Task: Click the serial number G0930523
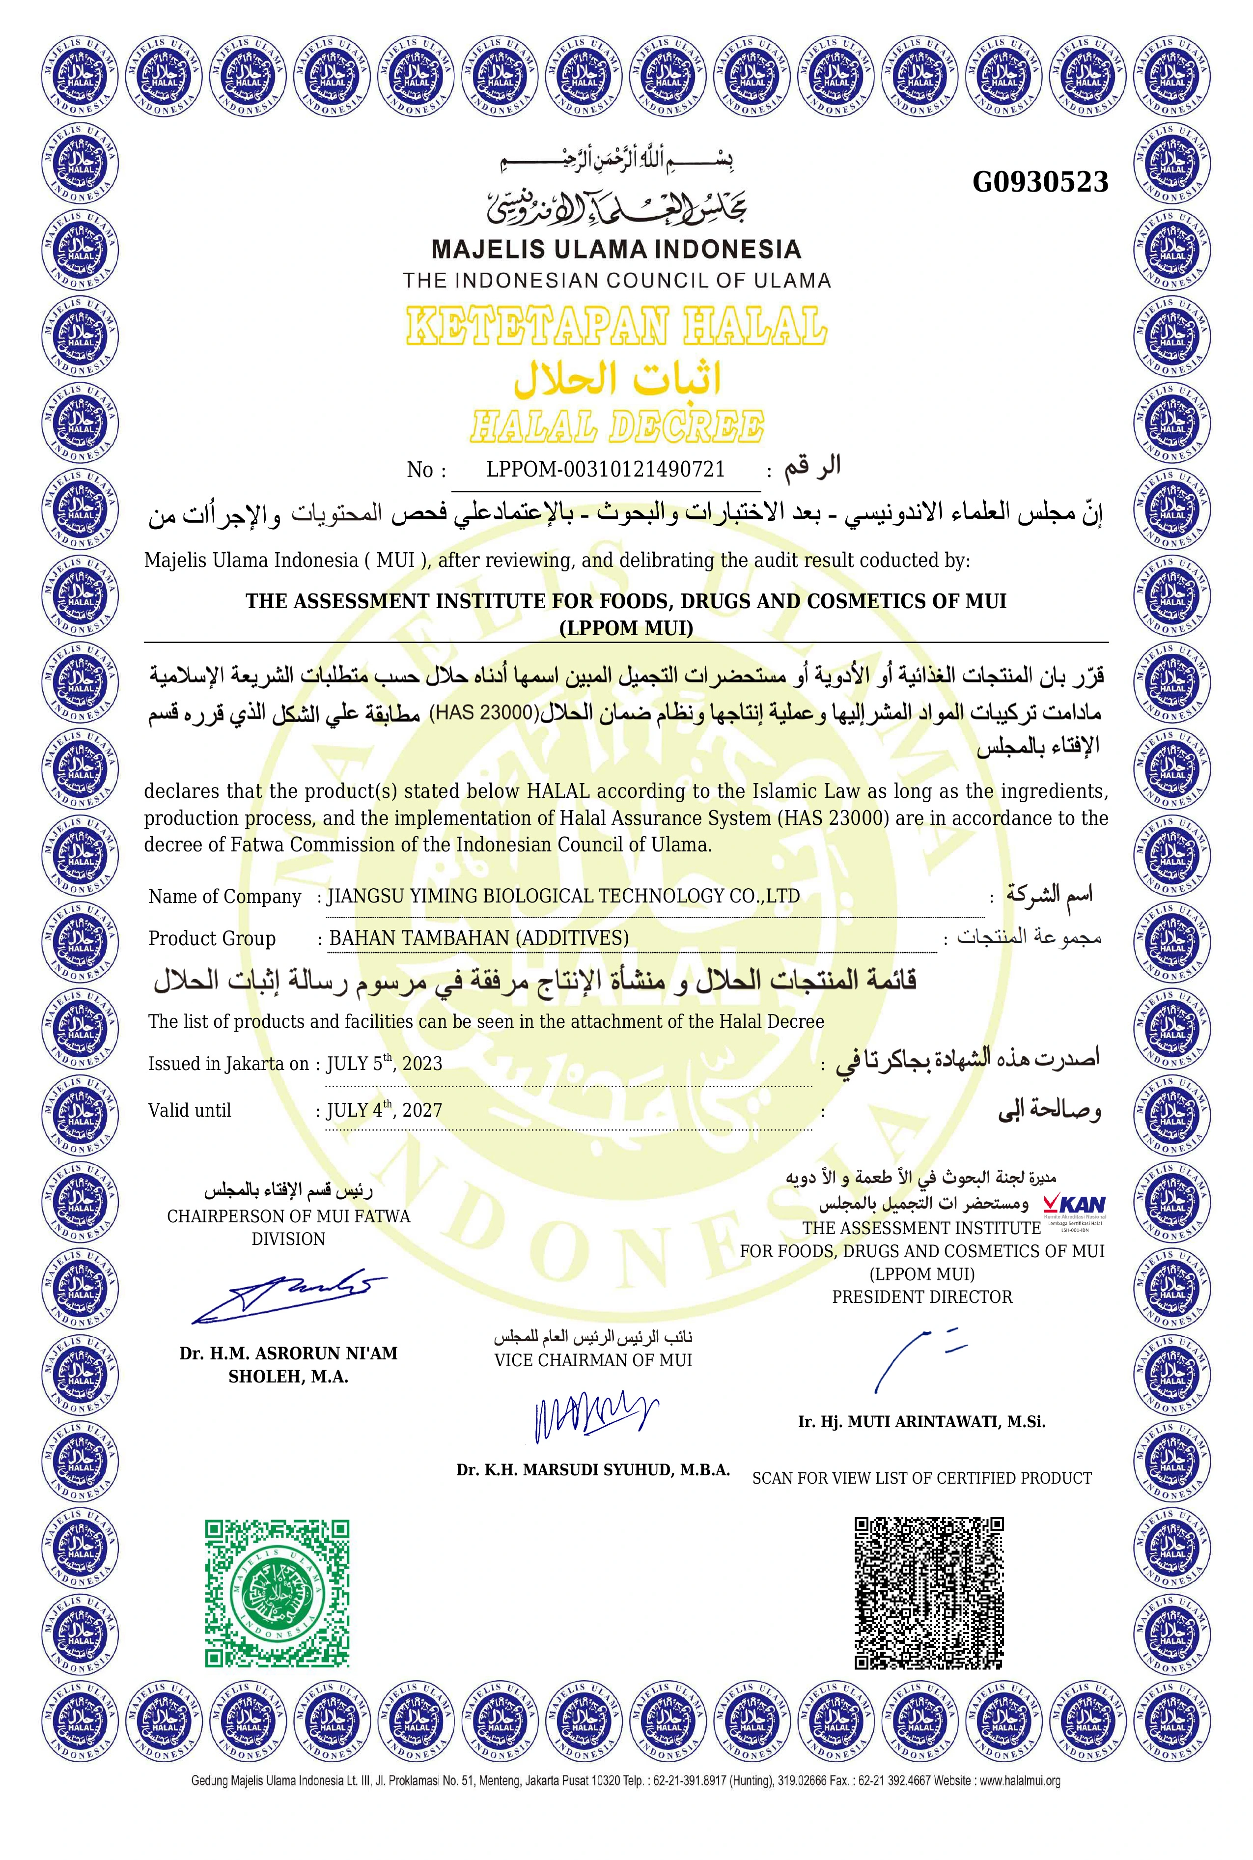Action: point(1040,182)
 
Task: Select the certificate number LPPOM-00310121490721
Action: point(605,469)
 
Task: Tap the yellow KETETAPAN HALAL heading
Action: point(615,326)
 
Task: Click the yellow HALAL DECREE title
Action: point(616,426)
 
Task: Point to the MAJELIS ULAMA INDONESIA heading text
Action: point(615,250)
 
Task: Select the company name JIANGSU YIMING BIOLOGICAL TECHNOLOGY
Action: point(563,896)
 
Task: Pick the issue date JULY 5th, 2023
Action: point(385,1063)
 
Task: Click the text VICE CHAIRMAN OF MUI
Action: point(593,1360)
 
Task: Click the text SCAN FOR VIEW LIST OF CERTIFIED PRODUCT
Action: point(921,1479)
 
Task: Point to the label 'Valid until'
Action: point(190,1110)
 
